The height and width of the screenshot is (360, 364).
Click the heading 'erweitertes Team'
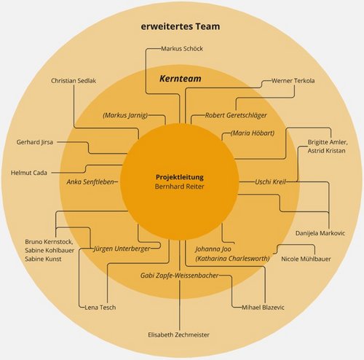181,26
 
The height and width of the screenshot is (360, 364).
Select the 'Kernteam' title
181,79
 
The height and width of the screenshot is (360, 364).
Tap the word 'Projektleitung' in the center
180,177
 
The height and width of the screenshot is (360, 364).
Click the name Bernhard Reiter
180,187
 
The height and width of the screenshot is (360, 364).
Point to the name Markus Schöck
182,49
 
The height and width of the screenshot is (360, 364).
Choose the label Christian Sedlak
74,81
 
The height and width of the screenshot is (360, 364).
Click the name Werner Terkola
293,81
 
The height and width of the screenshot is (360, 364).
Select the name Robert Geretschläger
236,115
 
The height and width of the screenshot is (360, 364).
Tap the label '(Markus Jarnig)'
125,115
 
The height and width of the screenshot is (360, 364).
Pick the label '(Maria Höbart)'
253,133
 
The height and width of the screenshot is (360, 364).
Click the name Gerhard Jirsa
35,142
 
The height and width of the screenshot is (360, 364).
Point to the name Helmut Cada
29,173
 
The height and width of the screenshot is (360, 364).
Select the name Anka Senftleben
90,181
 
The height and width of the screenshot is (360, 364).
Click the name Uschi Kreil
270,181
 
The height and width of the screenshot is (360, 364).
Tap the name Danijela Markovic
320,233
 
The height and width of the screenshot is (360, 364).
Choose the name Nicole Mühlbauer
306,259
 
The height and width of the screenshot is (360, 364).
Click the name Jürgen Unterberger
122,249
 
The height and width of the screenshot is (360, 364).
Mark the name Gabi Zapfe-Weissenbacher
180,275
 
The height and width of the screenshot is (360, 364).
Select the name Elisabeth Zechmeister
178,334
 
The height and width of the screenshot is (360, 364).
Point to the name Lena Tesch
100,308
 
